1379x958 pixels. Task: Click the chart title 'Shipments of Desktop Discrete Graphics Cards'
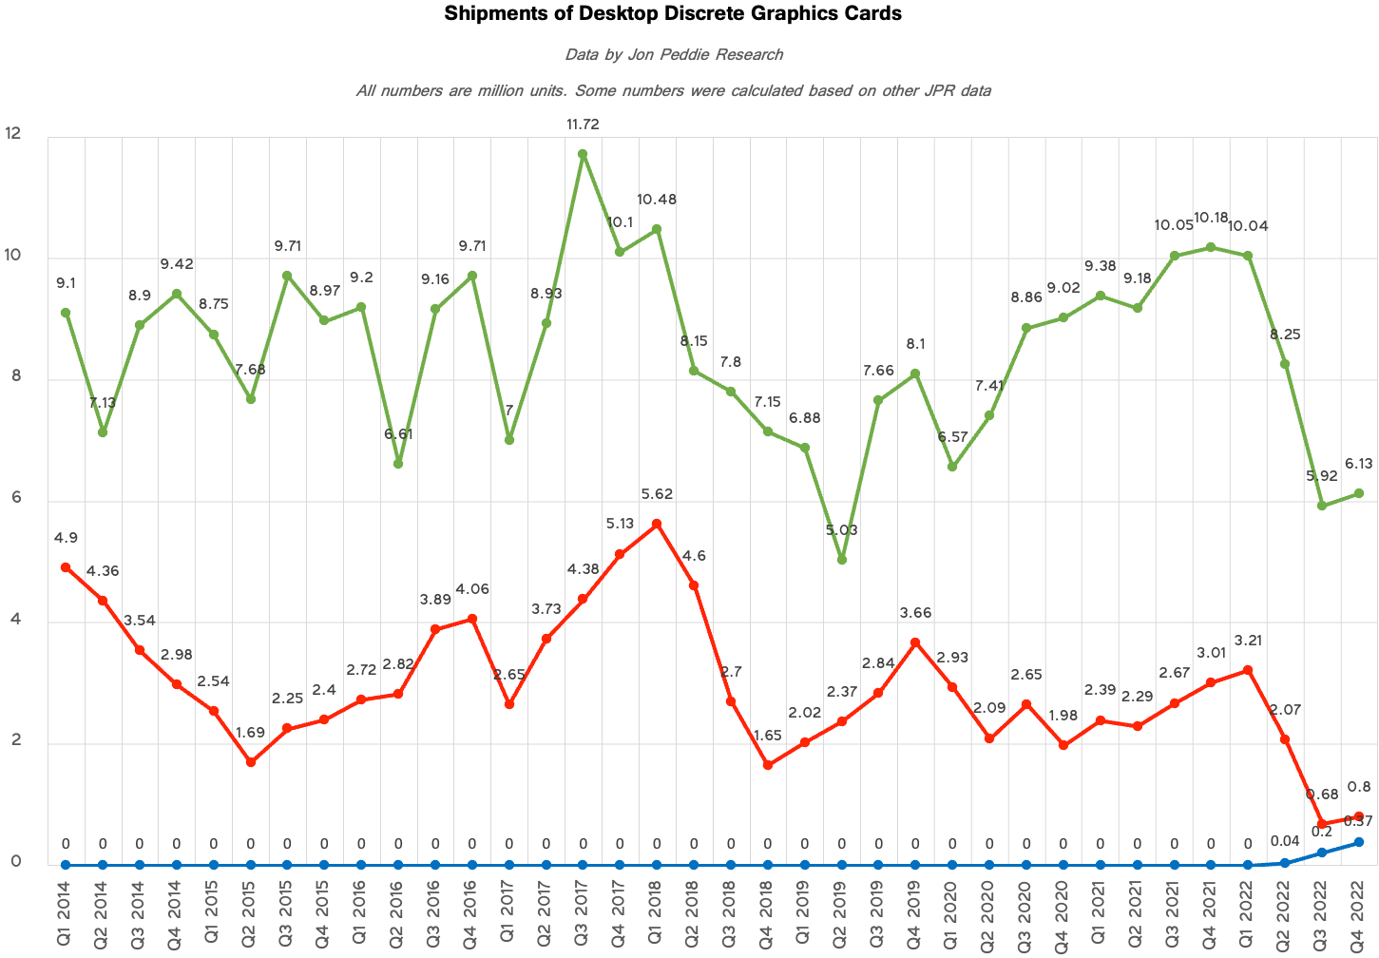point(673,14)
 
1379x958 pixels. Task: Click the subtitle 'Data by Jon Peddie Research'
point(673,54)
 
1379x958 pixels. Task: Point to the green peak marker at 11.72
point(583,154)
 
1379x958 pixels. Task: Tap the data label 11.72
point(583,125)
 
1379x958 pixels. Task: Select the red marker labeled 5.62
point(657,524)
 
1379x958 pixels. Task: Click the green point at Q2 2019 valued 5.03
point(841,560)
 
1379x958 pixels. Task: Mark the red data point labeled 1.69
point(251,762)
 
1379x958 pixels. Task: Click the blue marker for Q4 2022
point(1359,842)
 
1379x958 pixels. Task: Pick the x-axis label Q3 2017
point(583,912)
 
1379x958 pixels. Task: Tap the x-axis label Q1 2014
point(66,912)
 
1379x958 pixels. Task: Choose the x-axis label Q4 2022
point(1359,912)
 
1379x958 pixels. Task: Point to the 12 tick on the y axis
point(13,134)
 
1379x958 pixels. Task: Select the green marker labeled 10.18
point(1211,247)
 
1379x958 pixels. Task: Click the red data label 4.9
point(66,538)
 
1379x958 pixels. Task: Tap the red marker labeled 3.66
point(915,642)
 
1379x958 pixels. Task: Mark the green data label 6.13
point(1359,464)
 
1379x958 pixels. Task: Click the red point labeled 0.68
point(1322,823)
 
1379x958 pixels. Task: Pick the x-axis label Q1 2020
point(952,912)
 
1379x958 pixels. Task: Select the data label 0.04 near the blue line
point(1285,840)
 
